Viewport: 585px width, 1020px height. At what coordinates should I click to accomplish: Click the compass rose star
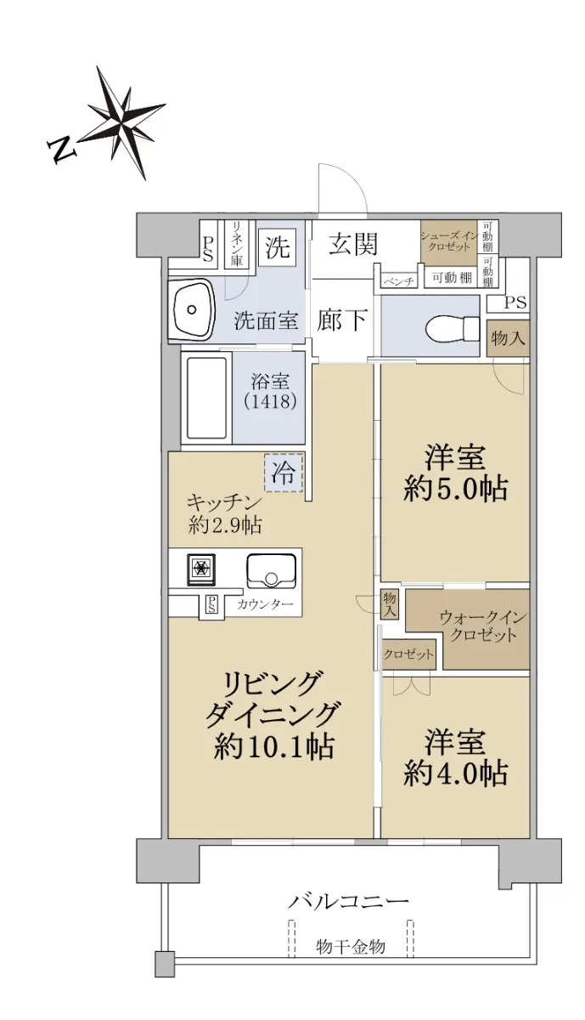pyautogui.click(x=123, y=122)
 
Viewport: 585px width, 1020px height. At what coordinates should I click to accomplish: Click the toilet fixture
pyautogui.click(x=453, y=326)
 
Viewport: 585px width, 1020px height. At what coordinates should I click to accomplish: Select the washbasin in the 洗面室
pyautogui.click(x=192, y=309)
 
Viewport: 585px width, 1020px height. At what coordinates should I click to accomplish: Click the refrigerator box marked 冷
pyautogui.click(x=284, y=473)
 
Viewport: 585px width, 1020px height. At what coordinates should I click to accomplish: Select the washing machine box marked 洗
pyautogui.click(x=278, y=248)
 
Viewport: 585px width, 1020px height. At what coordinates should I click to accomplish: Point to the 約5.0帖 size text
pyautogui.click(x=455, y=490)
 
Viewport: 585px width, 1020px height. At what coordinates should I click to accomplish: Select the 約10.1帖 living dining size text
pyautogui.click(x=274, y=746)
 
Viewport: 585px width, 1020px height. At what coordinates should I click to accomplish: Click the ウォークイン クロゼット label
pyautogui.click(x=483, y=626)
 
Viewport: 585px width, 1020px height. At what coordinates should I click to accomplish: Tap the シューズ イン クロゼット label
pyautogui.click(x=448, y=241)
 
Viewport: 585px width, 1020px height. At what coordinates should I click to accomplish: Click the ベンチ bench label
pyautogui.click(x=398, y=281)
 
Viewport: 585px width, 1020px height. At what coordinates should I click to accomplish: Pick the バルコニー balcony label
pyautogui.click(x=348, y=901)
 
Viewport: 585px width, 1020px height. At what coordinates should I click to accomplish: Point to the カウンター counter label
pyautogui.click(x=265, y=604)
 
